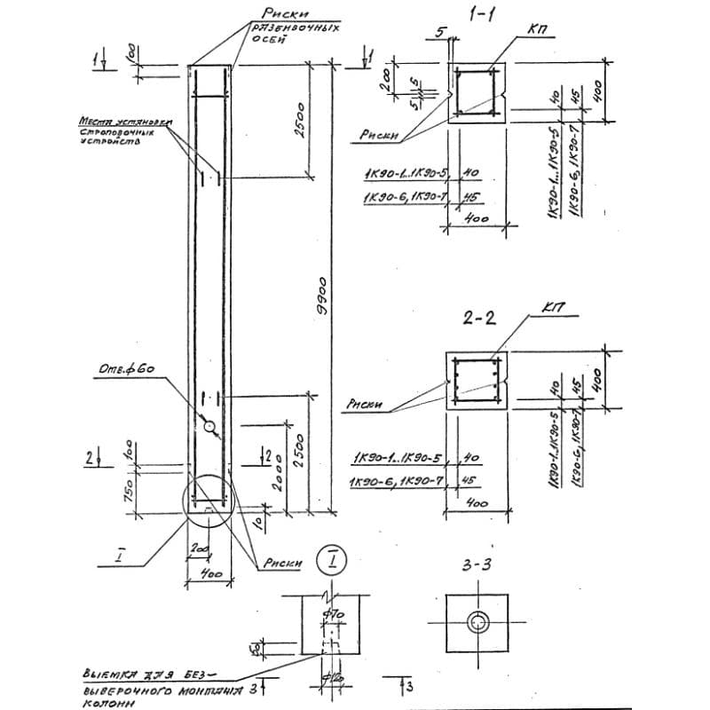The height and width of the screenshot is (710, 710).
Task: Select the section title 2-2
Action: (x=478, y=320)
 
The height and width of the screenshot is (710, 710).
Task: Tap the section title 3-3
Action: (x=479, y=564)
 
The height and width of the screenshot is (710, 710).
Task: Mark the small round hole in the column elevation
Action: (x=210, y=427)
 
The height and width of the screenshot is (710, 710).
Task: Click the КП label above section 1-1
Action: (x=535, y=30)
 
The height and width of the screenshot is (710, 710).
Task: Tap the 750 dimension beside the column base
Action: (x=128, y=486)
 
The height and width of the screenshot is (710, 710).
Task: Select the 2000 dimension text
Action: (x=282, y=482)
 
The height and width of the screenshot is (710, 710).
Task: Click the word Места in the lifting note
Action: (x=96, y=122)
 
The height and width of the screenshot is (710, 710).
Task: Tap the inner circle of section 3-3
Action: (x=480, y=623)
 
